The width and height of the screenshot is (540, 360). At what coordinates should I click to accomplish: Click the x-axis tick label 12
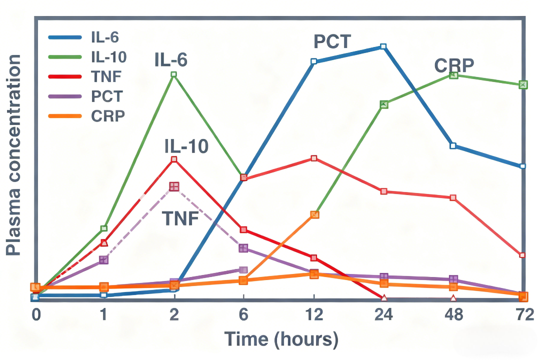pyautogui.click(x=313, y=315)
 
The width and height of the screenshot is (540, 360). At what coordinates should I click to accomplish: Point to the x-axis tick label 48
pyautogui.click(x=453, y=315)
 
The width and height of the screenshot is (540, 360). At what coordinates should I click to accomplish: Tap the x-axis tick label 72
pyautogui.click(x=522, y=315)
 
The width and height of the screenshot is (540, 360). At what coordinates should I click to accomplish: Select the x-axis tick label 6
pyautogui.click(x=243, y=315)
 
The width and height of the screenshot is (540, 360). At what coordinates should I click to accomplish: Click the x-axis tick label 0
pyautogui.click(x=35, y=315)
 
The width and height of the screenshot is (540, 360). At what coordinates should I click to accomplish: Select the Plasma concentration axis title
pyautogui.click(x=14, y=155)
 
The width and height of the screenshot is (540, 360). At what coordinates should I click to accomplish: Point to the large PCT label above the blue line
pyautogui.click(x=332, y=41)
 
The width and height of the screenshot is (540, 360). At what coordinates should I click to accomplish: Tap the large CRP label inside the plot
pyautogui.click(x=454, y=65)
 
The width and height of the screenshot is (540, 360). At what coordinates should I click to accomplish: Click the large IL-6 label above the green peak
pyautogui.click(x=171, y=60)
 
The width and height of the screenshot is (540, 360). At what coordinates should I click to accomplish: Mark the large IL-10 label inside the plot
pyautogui.click(x=186, y=146)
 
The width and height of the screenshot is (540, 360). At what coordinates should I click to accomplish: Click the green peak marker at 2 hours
pyautogui.click(x=174, y=74)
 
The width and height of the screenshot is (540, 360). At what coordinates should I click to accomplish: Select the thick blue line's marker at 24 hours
pyautogui.click(x=383, y=46)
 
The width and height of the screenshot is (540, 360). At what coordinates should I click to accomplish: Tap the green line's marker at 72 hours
pyautogui.click(x=523, y=84)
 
